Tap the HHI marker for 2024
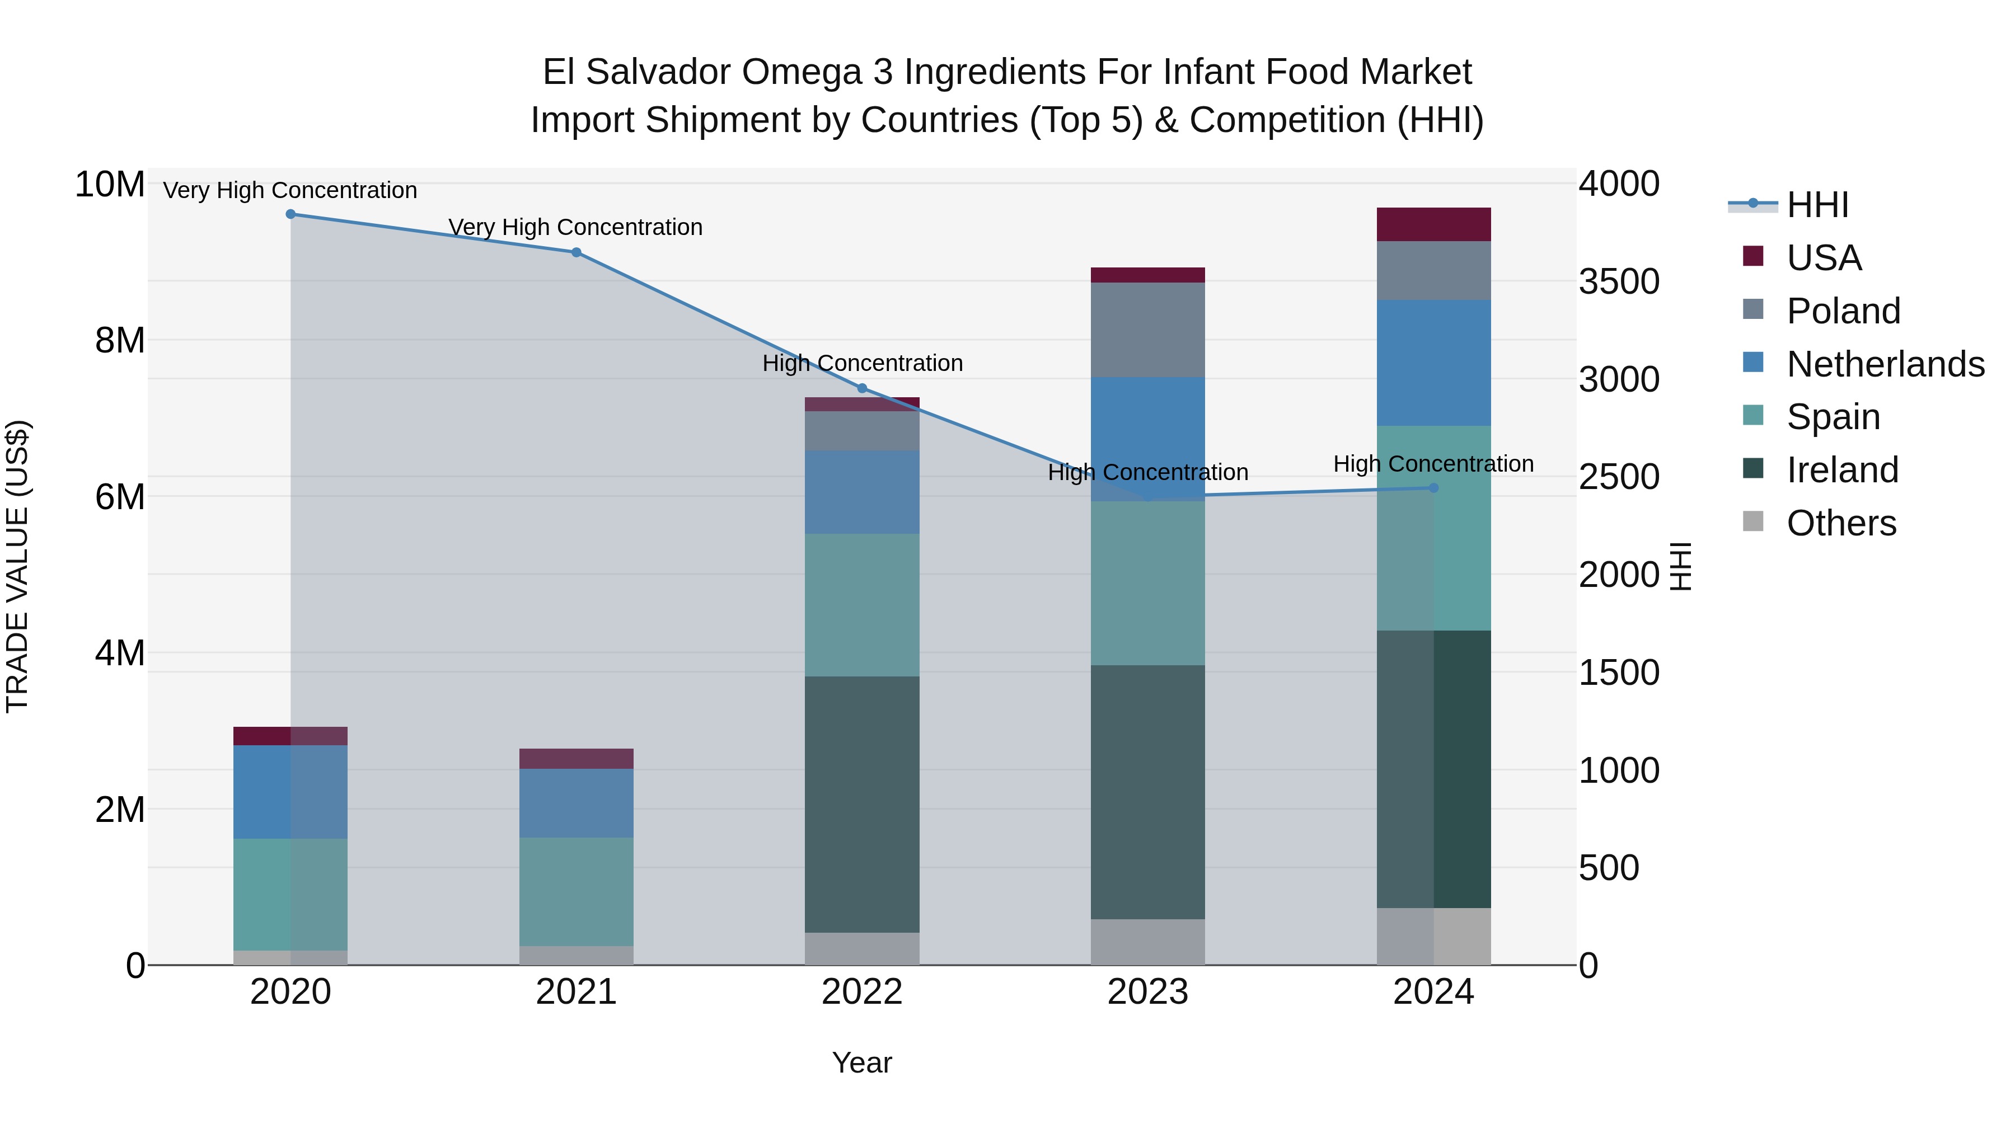pyautogui.click(x=1434, y=487)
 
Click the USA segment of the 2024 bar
pyautogui.click(x=1434, y=224)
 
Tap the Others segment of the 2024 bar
pyautogui.click(x=1434, y=936)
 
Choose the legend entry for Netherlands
pyautogui.click(x=1885, y=364)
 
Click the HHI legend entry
pyautogui.click(x=1816, y=205)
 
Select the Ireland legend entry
pyautogui.click(x=1841, y=470)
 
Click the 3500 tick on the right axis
pyautogui.click(x=1618, y=281)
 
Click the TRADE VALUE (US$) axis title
pyautogui.click(x=17, y=566)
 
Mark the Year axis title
pyautogui.click(x=862, y=1063)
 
